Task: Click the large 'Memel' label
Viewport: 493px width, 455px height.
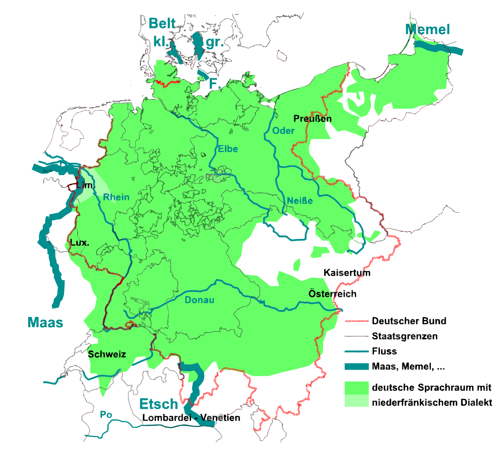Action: coord(428,29)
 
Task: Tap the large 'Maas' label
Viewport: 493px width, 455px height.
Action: coord(45,323)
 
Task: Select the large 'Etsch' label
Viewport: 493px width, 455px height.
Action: coord(158,404)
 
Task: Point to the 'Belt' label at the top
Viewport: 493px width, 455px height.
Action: coord(162,23)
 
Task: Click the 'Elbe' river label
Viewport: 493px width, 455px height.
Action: coord(228,149)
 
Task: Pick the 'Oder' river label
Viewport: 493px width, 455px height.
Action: coord(283,131)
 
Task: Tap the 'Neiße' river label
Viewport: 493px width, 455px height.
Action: coord(299,201)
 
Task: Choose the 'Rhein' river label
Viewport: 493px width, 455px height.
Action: coord(116,197)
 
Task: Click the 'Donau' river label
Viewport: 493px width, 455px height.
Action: coord(199,300)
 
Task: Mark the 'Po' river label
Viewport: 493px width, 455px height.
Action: coord(106,415)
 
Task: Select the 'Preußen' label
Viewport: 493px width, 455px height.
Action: coord(312,119)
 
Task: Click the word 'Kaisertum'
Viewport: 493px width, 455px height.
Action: coord(347,273)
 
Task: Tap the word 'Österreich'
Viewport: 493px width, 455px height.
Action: coord(332,294)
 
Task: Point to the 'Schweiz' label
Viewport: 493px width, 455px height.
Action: coord(107,354)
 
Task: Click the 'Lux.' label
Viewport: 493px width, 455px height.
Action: coord(79,243)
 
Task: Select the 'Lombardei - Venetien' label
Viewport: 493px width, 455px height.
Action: coord(191,418)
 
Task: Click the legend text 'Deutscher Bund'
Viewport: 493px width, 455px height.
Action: coord(409,321)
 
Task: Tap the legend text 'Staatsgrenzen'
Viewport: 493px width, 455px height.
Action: coord(405,336)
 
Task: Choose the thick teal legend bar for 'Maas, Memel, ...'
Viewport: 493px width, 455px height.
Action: coord(356,367)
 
